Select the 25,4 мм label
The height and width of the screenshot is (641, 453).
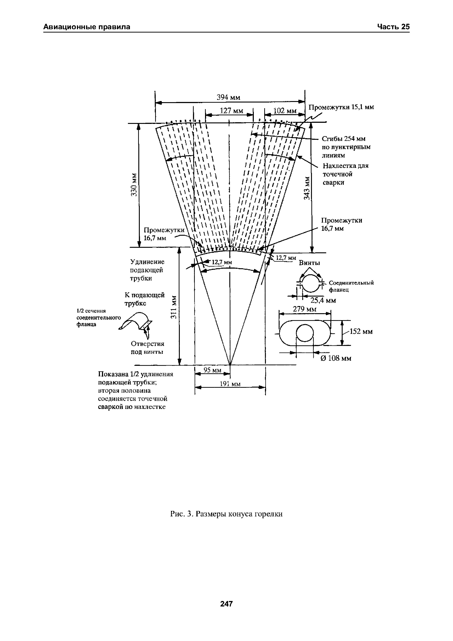(x=323, y=300)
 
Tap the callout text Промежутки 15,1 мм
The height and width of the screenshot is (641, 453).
(x=341, y=107)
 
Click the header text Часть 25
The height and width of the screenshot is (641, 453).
(x=393, y=27)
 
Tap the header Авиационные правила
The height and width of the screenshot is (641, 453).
(x=87, y=27)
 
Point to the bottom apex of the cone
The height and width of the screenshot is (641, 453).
(x=230, y=365)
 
